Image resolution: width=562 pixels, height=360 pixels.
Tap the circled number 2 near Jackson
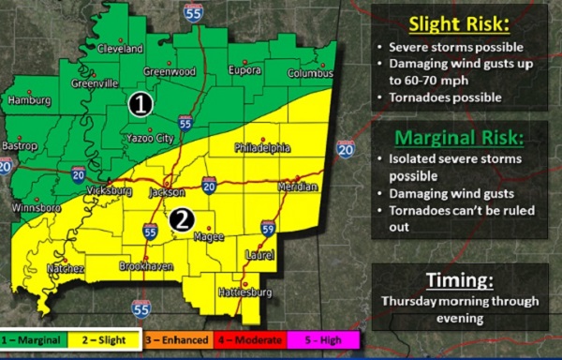tap(184, 219)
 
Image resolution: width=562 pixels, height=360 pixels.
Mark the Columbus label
tap(309, 72)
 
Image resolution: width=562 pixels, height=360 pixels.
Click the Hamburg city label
tap(28, 99)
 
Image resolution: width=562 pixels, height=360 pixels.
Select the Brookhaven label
tap(147, 267)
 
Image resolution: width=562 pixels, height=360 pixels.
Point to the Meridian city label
tap(298, 188)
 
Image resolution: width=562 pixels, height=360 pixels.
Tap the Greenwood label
tap(170, 71)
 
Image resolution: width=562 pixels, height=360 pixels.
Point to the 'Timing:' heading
tap(458, 280)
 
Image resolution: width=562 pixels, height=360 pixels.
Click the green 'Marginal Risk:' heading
tap(458, 138)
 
